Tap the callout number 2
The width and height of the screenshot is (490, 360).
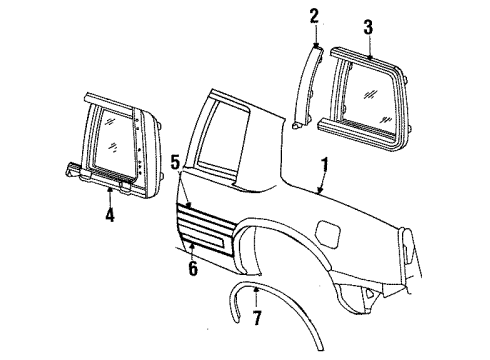tap(313, 15)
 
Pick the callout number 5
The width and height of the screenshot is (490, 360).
tap(174, 160)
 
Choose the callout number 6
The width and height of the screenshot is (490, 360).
tap(193, 268)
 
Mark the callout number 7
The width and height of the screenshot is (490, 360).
tap(258, 320)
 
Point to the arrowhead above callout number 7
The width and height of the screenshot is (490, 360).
tap(256, 290)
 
